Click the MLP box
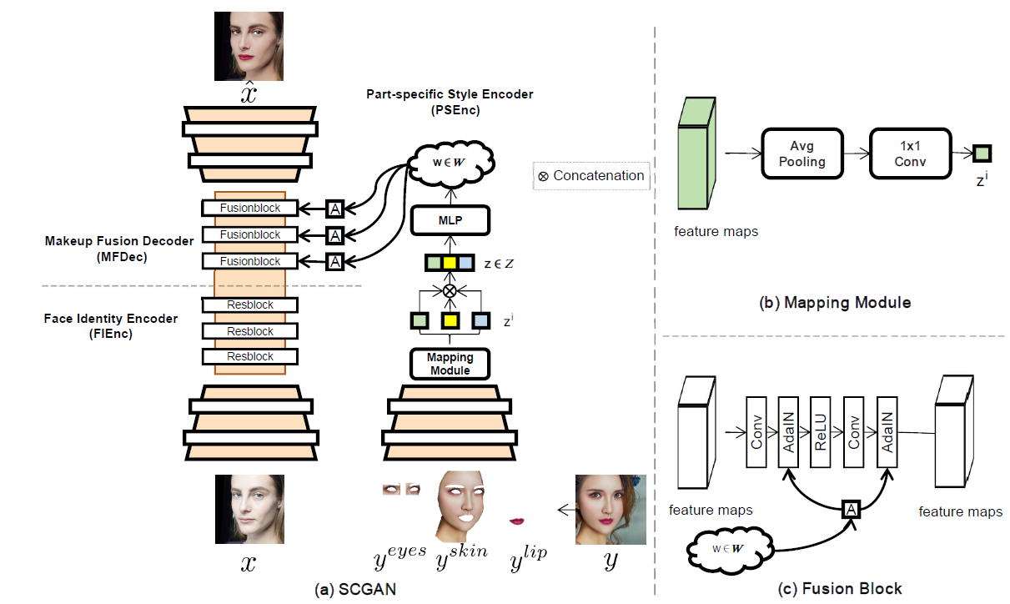tap(450, 220)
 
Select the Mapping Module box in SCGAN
tap(450, 364)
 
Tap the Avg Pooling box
tap(801, 154)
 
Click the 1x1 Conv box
tap(910, 154)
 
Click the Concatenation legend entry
tap(590, 176)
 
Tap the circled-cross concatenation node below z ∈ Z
tap(450, 291)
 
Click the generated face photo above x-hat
tap(249, 46)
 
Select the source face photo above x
tap(249, 510)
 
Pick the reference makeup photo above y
tap(611, 509)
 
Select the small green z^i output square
tap(982, 154)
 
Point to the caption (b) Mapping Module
tap(834, 303)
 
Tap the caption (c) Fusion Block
tap(839, 589)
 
